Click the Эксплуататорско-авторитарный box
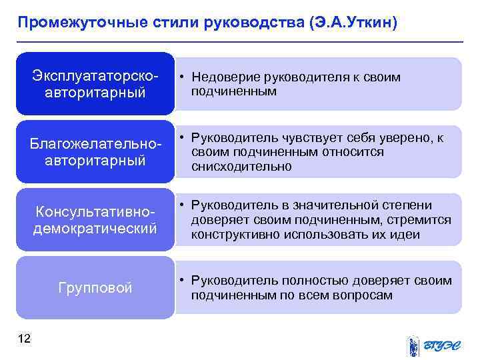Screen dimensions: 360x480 [95, 83]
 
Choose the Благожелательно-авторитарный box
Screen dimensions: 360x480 [95, 152]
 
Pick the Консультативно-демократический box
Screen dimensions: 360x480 [95, 220]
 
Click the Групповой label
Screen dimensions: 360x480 [95, 288]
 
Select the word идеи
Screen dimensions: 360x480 [406, 234]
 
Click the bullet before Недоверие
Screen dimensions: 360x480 [182, 77]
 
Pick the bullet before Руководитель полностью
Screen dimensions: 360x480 [182, 281]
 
